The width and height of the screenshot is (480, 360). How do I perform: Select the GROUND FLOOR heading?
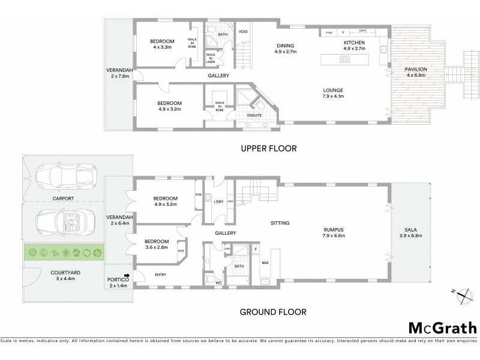273,311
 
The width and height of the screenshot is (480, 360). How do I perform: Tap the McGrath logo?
443,328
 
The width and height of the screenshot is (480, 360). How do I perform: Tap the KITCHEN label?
354,44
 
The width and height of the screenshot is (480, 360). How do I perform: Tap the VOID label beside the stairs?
243,32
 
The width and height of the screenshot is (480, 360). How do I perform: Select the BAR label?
265,263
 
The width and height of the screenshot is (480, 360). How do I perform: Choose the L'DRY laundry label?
218,202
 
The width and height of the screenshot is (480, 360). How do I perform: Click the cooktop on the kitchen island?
346,59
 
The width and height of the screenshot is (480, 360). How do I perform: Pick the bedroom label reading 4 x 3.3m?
162,44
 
